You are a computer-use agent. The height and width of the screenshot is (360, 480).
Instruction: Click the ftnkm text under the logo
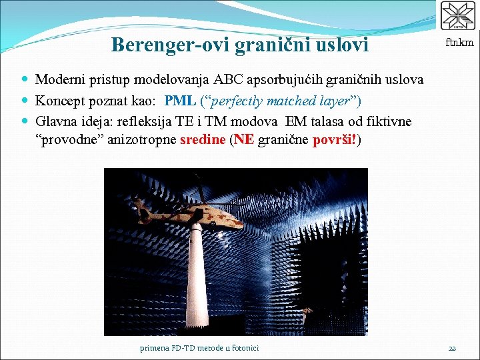pyautogui.click(x=459, y=43)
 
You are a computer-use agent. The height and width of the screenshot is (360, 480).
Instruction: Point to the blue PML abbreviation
pyautogui.click(x=179, y=101)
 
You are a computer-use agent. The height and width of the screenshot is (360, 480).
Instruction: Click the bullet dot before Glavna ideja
pyautogui.click(x=25, y=122)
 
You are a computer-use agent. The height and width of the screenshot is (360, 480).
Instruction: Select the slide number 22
pyautogui.click(x=451, y=348)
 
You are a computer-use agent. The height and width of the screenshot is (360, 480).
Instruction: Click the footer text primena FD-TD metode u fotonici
pyautogui.click(x=199, y=348)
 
